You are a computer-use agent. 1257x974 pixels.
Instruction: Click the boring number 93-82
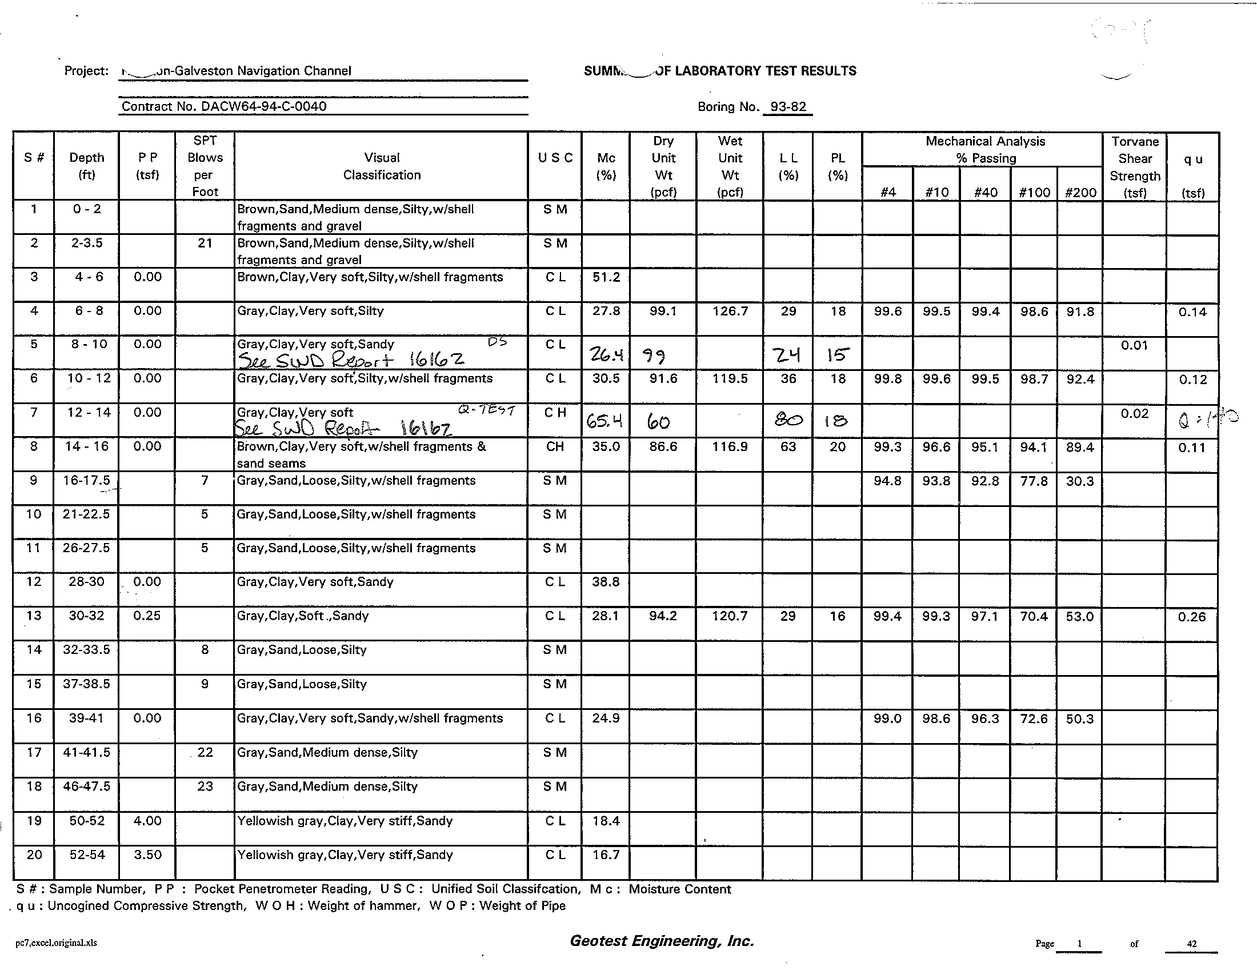(788, 107)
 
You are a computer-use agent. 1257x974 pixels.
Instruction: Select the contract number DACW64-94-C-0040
(224, 106)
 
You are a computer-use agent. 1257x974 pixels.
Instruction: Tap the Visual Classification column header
(382, 166)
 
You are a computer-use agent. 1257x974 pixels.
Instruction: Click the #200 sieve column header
(1080, 192)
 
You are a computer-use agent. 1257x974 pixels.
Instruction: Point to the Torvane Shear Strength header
(1134, 167)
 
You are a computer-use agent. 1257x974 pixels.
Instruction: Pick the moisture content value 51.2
(606, 277)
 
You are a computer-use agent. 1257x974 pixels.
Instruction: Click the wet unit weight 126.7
(730, 312)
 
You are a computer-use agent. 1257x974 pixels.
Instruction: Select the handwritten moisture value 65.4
(605, 422)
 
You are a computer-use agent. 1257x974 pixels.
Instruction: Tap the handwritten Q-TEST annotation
(486, 410)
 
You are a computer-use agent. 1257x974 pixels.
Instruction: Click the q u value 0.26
(1191, 617)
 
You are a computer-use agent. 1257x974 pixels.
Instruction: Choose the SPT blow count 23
(205, 787)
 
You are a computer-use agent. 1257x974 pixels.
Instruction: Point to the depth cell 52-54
(87, 855)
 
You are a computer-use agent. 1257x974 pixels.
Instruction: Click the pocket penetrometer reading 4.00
(147, 821)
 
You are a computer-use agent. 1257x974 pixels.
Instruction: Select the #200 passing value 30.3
(1079, 481)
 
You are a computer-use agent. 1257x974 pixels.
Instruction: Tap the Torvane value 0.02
(1134, 413)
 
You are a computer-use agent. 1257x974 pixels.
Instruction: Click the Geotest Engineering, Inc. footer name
(661, 941)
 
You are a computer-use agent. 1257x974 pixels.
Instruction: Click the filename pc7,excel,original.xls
(57, 943)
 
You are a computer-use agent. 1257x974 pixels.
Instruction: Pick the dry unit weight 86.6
(663, 448)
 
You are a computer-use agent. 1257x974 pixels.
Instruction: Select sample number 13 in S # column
(34, 616)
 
